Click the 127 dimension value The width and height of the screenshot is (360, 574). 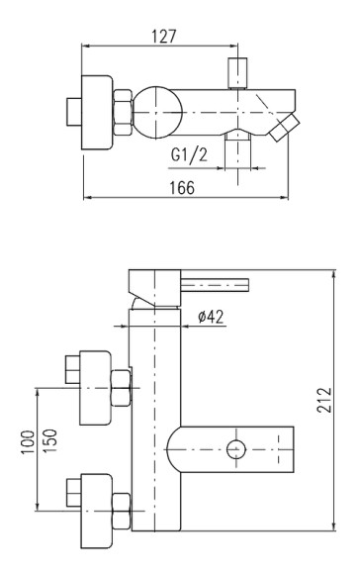(163, 37)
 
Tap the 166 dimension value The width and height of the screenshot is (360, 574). (182, 188)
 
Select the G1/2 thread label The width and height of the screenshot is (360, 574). (189, 154)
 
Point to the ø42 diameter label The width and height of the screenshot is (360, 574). (211, 317)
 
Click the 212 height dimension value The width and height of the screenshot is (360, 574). (324, 400)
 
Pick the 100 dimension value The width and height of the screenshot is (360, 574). (28, 442)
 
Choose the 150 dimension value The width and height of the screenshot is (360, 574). (50, 440)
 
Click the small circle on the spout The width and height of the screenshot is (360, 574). (236, 449)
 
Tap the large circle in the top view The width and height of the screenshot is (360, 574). (157, 112)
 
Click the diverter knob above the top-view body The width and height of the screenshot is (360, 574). (237, 73)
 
